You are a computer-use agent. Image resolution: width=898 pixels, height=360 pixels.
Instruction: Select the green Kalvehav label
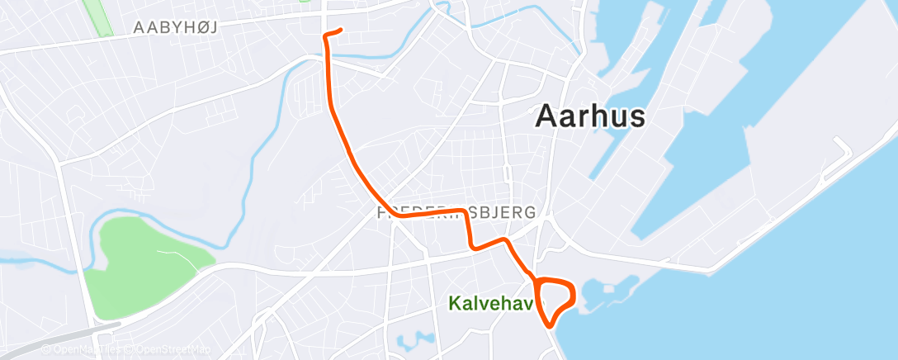tap(491, 303)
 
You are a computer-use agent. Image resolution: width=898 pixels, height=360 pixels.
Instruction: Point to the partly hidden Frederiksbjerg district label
tap(456, 213)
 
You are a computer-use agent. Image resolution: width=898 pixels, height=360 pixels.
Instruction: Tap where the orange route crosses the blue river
tap(328, 59)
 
